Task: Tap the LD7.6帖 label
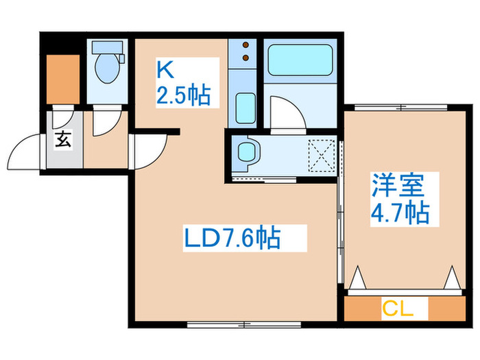point(232,239)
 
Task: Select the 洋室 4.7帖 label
point(400,198)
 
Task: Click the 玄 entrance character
point(62,141)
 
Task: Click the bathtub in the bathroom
point(300,60)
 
